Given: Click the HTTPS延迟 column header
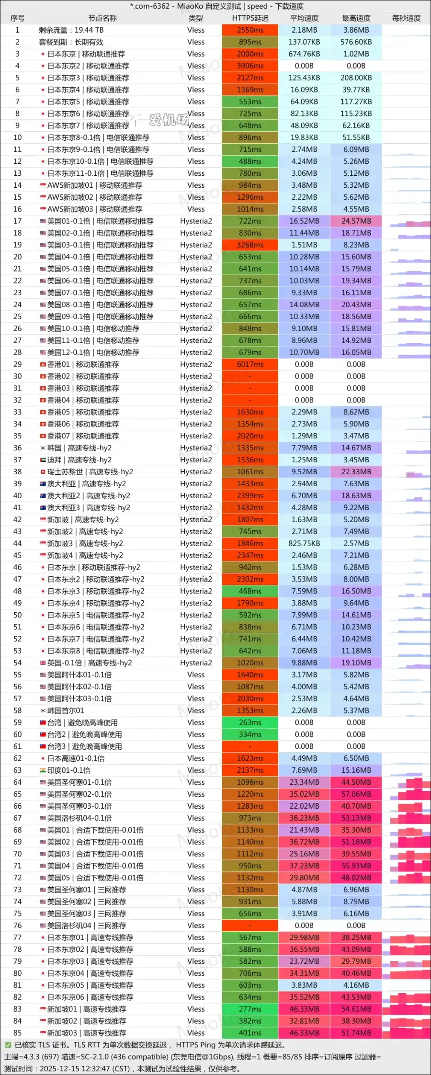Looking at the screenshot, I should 250,18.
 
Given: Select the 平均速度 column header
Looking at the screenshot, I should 304,18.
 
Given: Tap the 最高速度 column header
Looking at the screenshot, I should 356,18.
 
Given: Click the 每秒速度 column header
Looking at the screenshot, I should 406,18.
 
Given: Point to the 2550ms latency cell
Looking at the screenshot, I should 250,30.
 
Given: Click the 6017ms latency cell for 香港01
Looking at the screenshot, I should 250,365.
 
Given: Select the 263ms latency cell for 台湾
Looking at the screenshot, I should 250,722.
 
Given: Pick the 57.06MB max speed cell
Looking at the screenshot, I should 356,794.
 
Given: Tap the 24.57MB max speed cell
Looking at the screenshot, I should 356,221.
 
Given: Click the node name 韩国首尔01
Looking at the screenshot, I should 66,710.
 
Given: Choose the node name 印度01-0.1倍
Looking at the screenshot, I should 68,770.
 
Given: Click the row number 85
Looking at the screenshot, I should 17,1033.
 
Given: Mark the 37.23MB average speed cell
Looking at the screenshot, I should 304,866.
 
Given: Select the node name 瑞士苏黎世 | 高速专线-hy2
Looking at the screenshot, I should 90,472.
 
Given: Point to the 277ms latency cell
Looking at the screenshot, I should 250,1009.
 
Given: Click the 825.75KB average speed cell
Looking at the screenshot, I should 304,544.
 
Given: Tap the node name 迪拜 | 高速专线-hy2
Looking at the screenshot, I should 79,460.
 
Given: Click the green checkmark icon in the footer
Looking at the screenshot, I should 8,1045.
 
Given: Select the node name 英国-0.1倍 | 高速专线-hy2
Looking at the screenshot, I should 90,663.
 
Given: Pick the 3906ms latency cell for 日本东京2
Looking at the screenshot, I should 250,66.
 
